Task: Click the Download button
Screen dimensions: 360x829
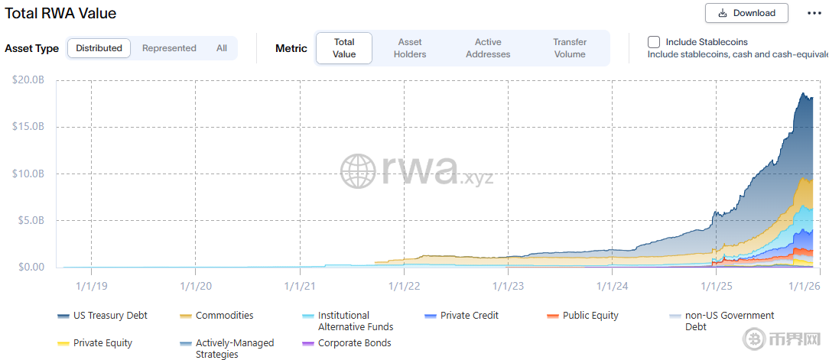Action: (746, 13)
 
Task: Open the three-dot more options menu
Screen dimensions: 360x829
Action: (814, 13)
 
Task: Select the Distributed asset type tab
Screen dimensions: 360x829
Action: (99, 48)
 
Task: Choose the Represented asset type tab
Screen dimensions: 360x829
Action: (169, 48)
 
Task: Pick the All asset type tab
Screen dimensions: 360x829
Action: (222, 48)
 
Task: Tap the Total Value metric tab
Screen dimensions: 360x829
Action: (344, 48)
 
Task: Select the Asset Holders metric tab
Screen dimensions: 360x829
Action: (410, 48)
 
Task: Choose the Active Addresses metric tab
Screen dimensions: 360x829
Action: (488, 48)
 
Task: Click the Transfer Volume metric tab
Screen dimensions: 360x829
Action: (570, 48)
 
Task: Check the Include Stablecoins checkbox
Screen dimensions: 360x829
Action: (654, 42)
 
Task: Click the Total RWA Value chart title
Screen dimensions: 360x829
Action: (60, 13)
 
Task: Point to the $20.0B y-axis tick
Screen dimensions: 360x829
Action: (28, 79)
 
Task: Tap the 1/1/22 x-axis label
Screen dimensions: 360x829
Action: (404, 286)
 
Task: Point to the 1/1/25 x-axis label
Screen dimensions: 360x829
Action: (717, 286)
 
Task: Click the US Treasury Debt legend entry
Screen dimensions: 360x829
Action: (109, 316)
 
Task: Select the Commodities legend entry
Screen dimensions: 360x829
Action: (223, 316)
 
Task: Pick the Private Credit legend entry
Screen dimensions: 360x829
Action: (468, 316)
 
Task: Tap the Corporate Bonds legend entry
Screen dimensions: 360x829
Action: (353, 343)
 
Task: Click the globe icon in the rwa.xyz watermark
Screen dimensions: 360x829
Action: (358, 171)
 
